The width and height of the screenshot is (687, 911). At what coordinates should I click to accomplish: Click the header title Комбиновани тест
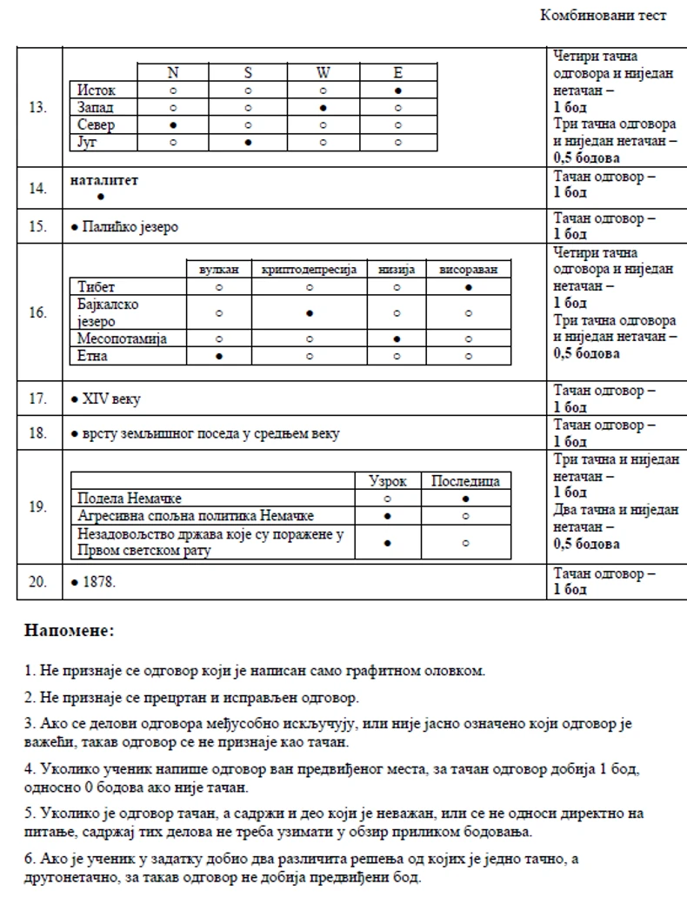pos(603,16)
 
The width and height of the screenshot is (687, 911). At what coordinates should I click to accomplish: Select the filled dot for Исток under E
pos(397,90)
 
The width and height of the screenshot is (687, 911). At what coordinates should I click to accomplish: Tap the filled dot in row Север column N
pos(173,124)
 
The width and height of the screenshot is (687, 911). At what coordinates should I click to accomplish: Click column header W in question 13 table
pos(323,73)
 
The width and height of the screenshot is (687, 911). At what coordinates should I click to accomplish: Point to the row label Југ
pos(87,142)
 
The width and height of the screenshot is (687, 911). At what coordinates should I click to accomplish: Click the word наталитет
pos(103,180)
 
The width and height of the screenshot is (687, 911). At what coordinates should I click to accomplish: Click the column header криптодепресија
pos(309,270)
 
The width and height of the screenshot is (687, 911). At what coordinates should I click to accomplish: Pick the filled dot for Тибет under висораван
pos(468,286)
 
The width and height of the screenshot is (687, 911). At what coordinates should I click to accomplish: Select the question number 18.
pos(37,433)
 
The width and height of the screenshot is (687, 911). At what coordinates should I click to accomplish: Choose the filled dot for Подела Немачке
pos(467,499)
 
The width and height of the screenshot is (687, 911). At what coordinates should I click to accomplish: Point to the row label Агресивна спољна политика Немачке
pos(197,515)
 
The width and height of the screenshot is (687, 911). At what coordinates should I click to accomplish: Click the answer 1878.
pos(97,582)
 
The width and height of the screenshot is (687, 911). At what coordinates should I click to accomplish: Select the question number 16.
pos(37,312)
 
